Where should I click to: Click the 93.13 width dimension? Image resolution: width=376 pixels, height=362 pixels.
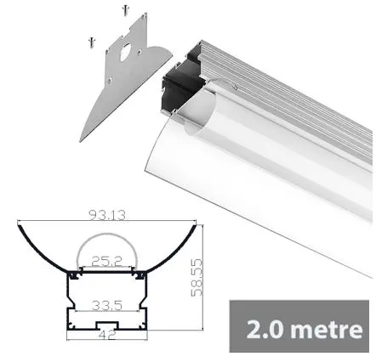pos(107,215)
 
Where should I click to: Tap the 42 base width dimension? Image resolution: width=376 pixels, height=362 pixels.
pos(106,337)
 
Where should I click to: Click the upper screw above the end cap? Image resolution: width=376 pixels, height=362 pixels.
pos(126,11)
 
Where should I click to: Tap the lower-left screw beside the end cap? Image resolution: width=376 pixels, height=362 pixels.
pos(88,41)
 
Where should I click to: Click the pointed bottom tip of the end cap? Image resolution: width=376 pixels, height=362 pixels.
pos(81,139)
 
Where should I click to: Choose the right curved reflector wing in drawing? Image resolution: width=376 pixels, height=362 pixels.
pos(175,246)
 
